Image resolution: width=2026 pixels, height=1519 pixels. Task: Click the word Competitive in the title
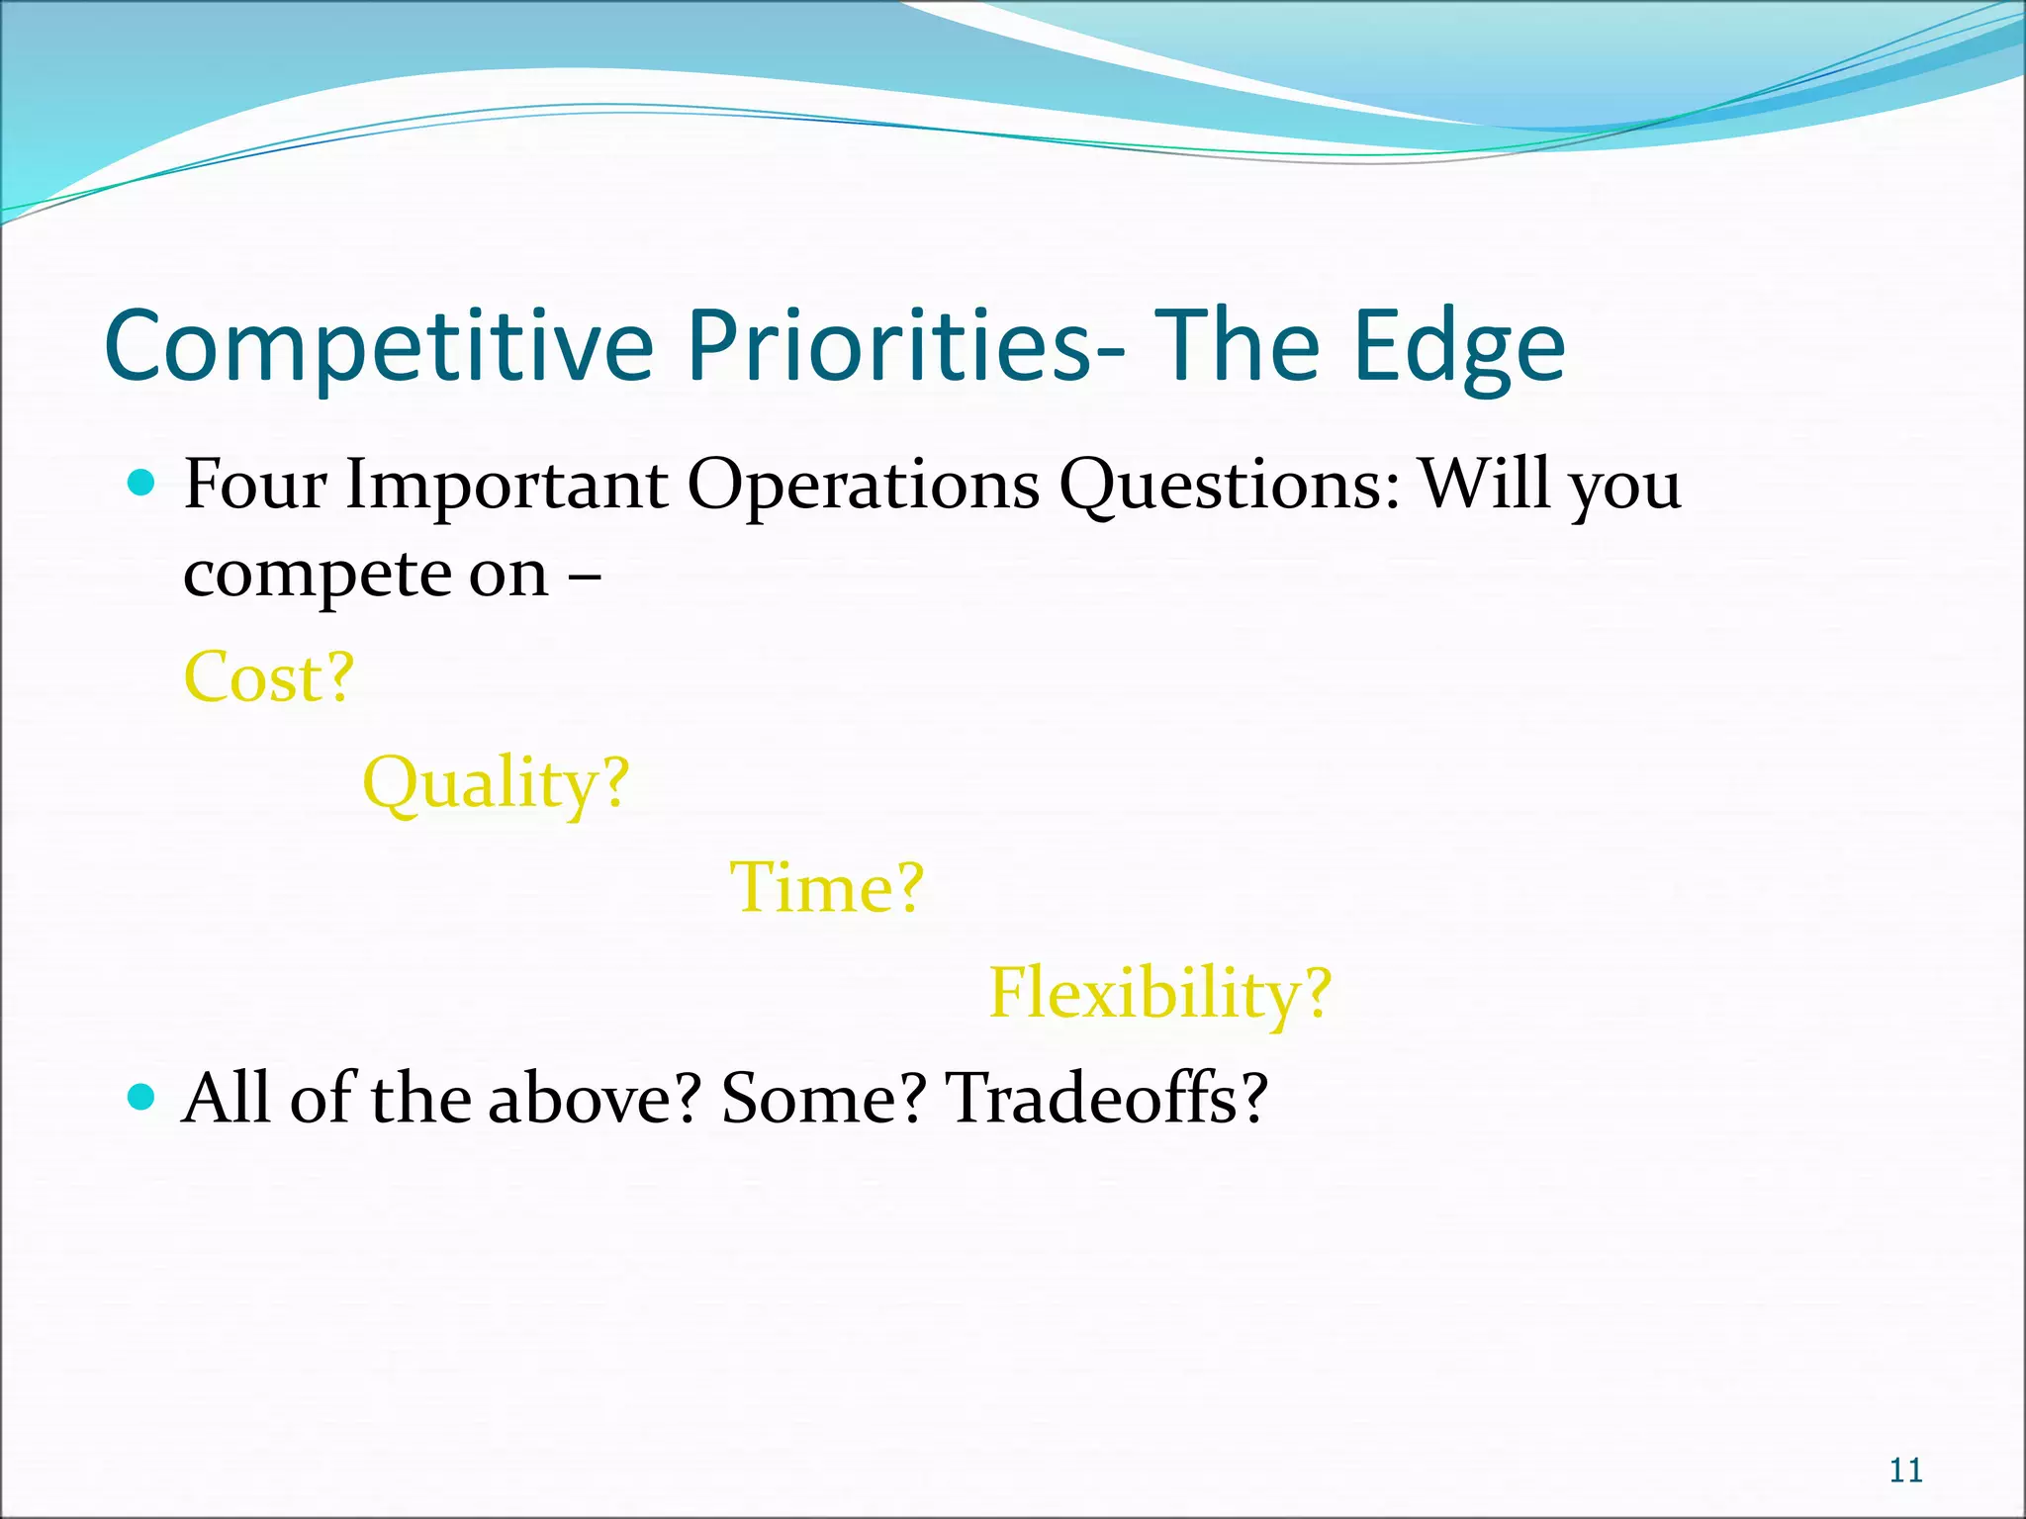(x=379, y=346)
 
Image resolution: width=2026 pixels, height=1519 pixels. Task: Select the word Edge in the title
(x=1459, y=346)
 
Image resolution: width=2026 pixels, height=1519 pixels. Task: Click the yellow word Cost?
(x=269, y=677)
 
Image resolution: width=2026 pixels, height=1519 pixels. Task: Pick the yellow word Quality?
(x=496, y=783)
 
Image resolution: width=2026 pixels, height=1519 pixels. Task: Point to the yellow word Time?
(x=826, y=887)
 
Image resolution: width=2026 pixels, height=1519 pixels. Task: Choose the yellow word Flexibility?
(x=1160, y=993)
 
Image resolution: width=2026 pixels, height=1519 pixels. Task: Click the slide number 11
(x=1905, y=1471)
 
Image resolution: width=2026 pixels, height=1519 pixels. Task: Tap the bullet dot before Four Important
(x=142, y=483)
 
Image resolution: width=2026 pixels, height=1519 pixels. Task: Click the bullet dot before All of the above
(x=142, y=1097)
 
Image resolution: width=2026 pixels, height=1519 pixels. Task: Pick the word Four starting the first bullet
(x=255, y=485)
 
